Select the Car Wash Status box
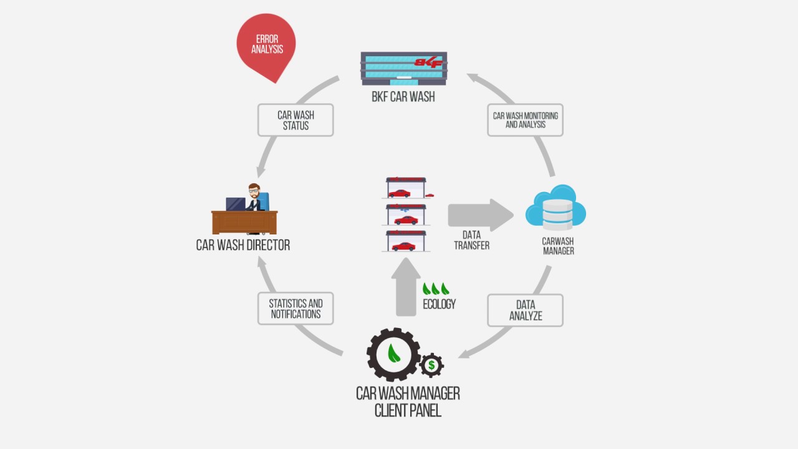296,120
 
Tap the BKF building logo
430,62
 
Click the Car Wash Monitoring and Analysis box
525,120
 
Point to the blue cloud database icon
555,207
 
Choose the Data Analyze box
525,311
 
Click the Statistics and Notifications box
296,309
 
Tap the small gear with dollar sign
431,365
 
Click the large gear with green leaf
393,354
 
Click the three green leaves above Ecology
436,289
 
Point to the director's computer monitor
235,204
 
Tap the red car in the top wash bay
400,193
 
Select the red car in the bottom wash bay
403,246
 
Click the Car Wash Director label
243,245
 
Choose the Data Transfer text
471,240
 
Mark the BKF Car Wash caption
403,97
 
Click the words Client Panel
408,410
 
